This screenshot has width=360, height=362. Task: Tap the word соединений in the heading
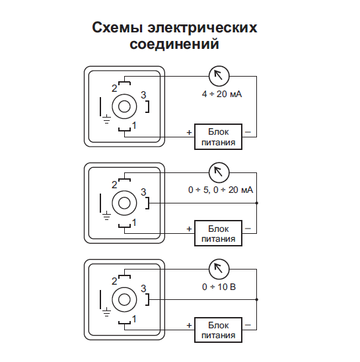tap(174, 44)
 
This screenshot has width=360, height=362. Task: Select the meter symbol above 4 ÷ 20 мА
tap(219, 76)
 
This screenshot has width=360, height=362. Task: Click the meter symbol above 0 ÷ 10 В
tap(219, 269)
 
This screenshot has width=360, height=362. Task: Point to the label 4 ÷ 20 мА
tap(222, 94)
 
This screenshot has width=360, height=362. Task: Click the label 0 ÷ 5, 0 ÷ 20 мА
tap(221, 190)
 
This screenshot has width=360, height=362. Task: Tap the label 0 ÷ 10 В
tap(219, 287)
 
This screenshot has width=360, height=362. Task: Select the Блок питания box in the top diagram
tap(218, 137)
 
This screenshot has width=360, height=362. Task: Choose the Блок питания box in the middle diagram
tap(218, 233)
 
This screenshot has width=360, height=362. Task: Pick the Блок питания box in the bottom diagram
tap(218, 330)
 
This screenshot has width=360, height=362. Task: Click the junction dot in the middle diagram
tap(256, 203)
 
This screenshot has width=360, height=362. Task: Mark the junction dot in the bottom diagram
tap(256, 299)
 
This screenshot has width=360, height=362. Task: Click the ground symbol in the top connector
tap(106, 119)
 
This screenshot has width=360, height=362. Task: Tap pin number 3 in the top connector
tap(143, 95)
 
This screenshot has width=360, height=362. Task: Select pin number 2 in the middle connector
tap(114, 185)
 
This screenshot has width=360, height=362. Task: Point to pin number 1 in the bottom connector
tap(134, 319)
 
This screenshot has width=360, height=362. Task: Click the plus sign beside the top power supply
tap(189, 132)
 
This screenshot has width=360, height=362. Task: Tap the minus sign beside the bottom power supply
tap(248, 325)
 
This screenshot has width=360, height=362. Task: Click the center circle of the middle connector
tap(124, 203)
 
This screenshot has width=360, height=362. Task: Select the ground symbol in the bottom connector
tap(106, 312)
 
